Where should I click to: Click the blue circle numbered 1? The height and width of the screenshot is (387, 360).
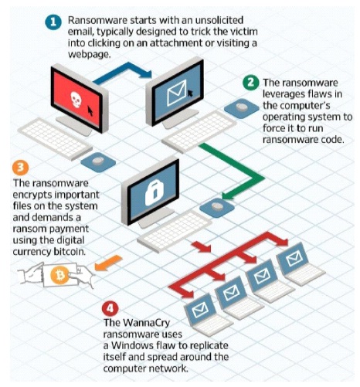[x=53, y=22]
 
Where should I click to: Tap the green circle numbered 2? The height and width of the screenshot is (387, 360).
[x=251, y=83]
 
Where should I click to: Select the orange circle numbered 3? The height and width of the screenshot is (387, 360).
[x=20, y=168]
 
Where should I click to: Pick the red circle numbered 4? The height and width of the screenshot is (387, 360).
[x=110, y=308]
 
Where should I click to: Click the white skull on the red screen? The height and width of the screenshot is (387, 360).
[x=76, y=100]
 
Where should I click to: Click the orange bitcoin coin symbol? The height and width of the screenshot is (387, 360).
[x=60, y=276]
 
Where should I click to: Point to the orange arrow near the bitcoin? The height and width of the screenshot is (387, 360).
[x=108, y=263]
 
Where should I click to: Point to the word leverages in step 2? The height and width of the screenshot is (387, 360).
[x=284, y=94]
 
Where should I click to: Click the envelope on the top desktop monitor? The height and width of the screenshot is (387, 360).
[x=177, y=93]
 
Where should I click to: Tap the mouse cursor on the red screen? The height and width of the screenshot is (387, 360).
[x=90, y=111]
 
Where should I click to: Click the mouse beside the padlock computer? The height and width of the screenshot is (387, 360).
[x=217, y=207]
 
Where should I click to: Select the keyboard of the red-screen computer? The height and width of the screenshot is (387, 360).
[x=55, y=138]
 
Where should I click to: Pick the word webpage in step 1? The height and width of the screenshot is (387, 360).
[x=89, y=55]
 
